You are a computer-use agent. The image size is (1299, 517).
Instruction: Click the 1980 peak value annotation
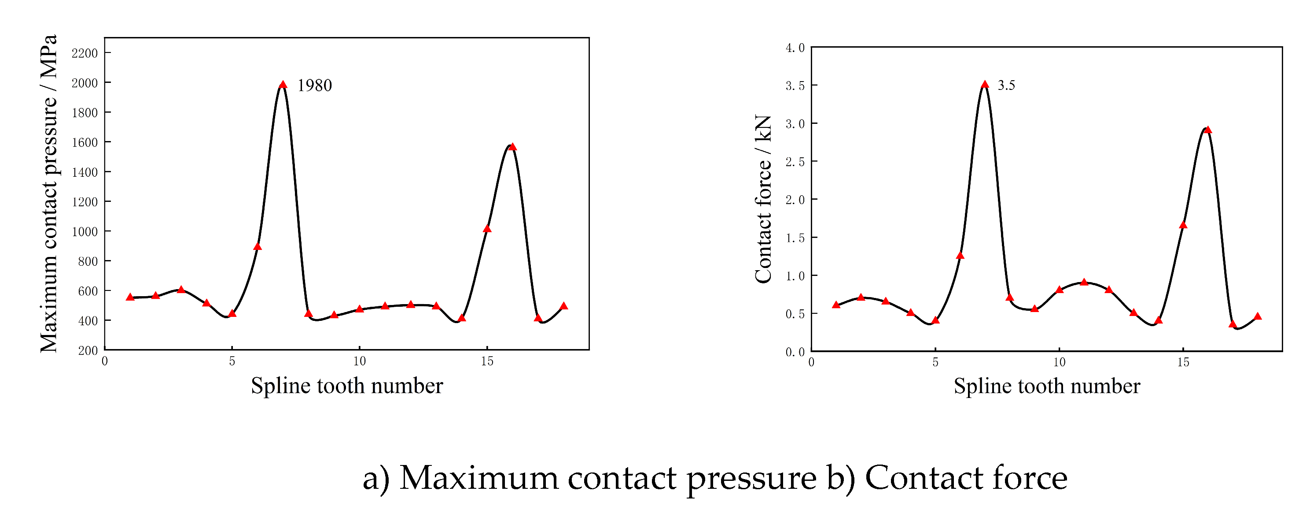pos(314,86)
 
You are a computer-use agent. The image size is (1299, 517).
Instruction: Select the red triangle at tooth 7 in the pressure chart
pos(283,84)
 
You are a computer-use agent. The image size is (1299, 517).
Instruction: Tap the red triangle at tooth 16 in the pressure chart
pos(512,147)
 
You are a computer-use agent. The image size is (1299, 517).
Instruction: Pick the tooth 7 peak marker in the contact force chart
pos(985,84)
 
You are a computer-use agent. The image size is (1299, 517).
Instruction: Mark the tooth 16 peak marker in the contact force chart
pos(1208,130)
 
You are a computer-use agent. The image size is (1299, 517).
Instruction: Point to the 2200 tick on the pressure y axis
pos(85,53)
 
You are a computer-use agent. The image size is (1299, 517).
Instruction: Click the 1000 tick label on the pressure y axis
pos(85,232)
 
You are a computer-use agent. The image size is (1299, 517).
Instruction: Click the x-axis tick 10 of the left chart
pos(359,361)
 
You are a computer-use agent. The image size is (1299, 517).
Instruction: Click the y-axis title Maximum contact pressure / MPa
pos(49,193)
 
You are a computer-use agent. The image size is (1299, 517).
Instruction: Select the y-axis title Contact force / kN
pos(763,199)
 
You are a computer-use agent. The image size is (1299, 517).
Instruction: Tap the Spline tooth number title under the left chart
pos(347,386)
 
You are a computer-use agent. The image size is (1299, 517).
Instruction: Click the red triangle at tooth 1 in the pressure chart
pos(130,297)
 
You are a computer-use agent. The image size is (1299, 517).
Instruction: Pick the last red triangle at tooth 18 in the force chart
pos(1258,316)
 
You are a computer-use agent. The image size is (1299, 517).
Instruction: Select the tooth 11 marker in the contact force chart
pos(1084,282)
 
